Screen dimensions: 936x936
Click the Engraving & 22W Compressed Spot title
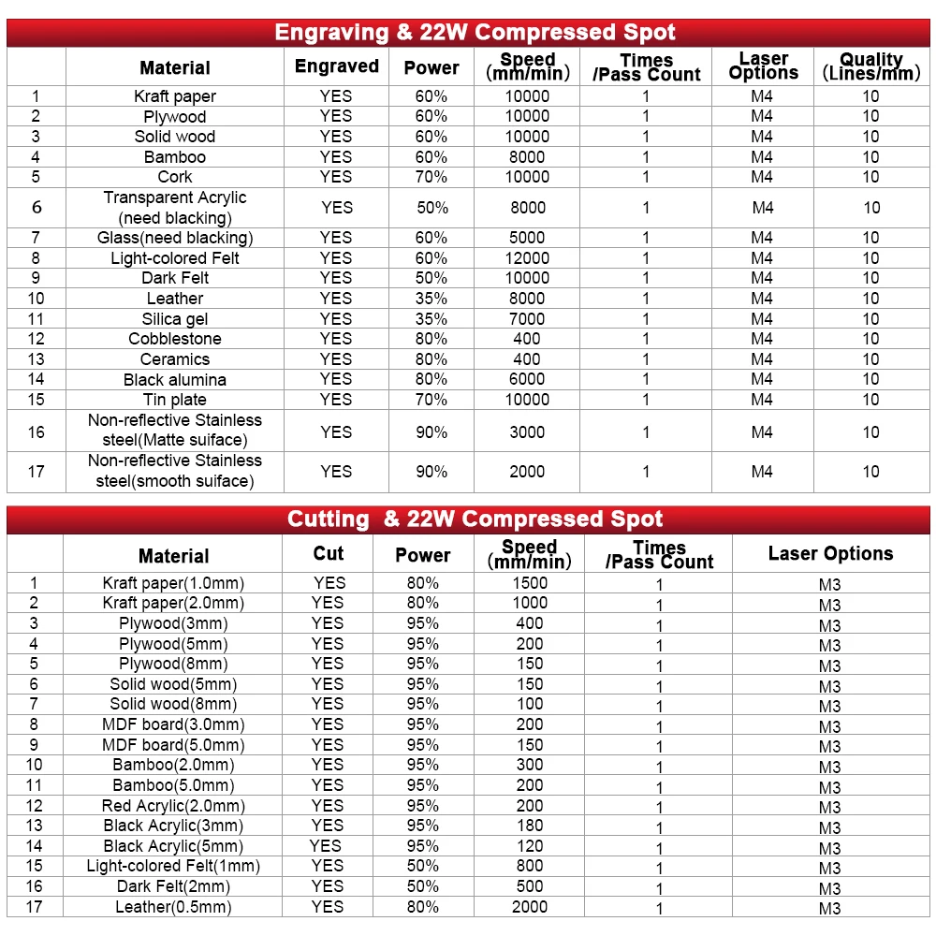(x=475, y=33)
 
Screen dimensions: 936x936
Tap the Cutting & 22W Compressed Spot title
(x=475, y=519)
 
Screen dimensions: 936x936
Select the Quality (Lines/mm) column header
(x=870, y=66)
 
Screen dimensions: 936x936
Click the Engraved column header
(x=336, y=66)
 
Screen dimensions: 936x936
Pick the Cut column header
(x=328, y=553)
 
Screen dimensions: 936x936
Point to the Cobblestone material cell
(x=175, y=339)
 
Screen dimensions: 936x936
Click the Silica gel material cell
(x=175, y=319)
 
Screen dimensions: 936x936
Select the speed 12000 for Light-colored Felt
(x=527, y=258)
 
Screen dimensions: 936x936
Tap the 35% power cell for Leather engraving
(x=431, y=299)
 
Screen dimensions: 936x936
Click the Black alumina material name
(x=175, y=380)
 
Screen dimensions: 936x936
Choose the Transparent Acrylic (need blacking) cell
(x=175, y=208)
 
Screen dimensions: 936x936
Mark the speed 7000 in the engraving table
(x=527, y=319)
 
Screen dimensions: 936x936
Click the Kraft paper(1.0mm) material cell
(x=173, y=583)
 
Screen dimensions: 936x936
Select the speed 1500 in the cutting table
(x=530, y=583)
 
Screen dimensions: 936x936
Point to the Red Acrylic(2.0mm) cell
(x=173, y=806)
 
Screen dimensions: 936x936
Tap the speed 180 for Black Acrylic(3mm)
(x=530, y=826)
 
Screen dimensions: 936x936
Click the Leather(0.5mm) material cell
(x=173, y=907)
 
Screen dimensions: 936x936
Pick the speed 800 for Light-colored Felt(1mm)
(x=530, y=866)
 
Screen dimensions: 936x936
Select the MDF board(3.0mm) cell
(x=173, y=724)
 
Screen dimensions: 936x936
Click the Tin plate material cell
(x=175, y=400)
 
